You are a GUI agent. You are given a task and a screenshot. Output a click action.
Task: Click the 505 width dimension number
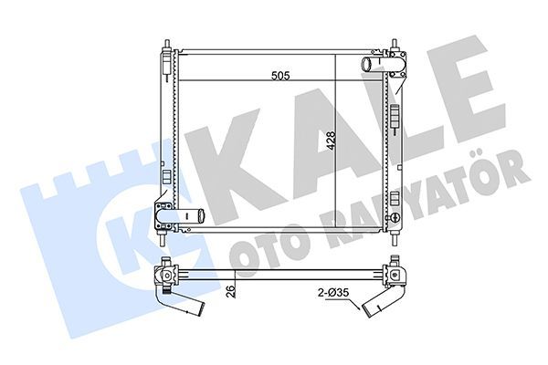tap(279, 78)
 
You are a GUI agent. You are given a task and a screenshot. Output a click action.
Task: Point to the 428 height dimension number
tap(331, 141)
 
